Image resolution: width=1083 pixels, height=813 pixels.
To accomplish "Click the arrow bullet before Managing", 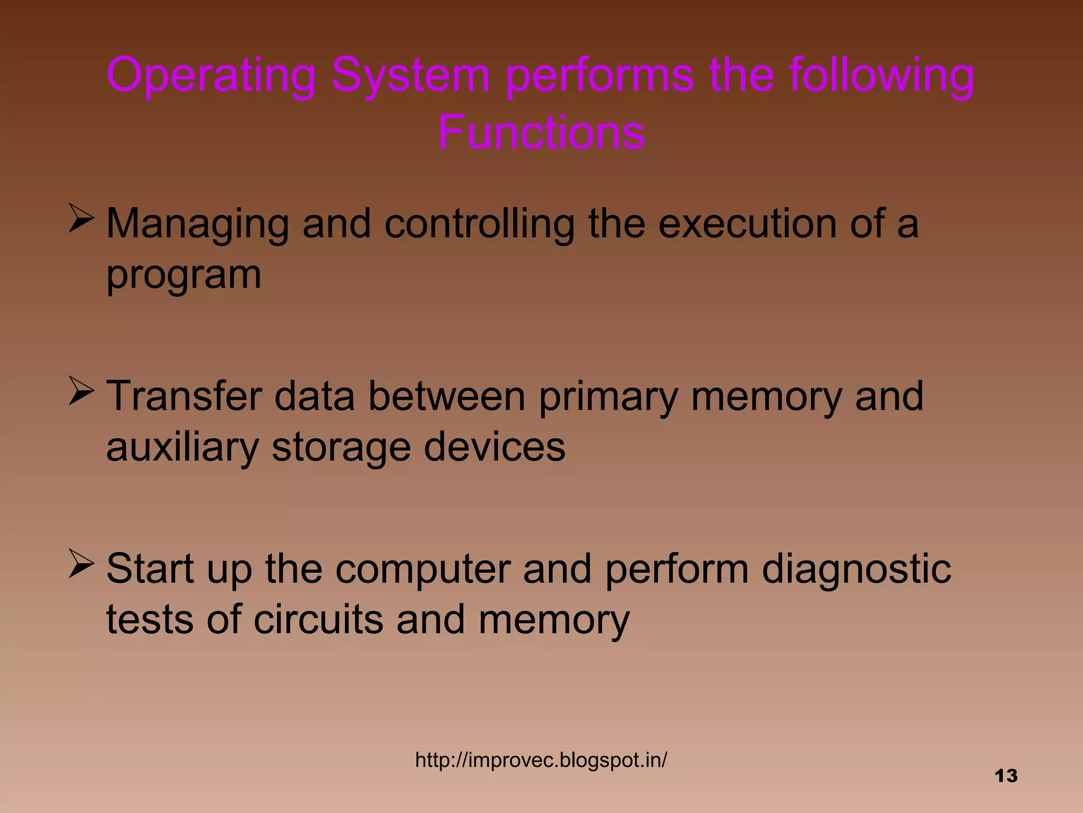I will tap(81, 220).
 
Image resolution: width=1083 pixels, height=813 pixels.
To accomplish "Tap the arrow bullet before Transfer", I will tap(81, 393).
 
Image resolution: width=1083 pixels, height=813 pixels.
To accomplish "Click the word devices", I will tap(494, 448).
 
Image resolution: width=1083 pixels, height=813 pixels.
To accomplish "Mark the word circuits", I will tap(318, 620).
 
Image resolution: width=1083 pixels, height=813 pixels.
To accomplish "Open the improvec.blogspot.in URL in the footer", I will tap(541, 760).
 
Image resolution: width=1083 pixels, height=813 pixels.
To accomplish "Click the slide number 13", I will tap(1006, 776).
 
